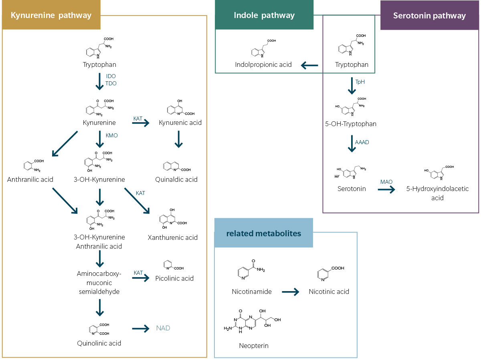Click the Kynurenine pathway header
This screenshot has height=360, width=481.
51,16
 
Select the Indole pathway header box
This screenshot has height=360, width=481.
264,16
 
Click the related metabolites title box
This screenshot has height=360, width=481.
263,233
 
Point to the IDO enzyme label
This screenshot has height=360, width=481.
111,76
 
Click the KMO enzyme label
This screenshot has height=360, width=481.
111,135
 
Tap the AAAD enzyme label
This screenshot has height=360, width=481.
362,142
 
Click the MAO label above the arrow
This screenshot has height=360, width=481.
386,182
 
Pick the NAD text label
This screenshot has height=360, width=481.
163,328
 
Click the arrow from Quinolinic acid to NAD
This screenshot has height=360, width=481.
141,329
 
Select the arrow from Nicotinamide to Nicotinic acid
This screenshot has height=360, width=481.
290,292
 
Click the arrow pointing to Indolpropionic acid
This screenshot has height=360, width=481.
309,65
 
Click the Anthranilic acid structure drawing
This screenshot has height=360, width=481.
33,165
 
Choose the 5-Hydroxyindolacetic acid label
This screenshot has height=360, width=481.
437,193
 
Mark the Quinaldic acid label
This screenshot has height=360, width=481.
178,179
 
